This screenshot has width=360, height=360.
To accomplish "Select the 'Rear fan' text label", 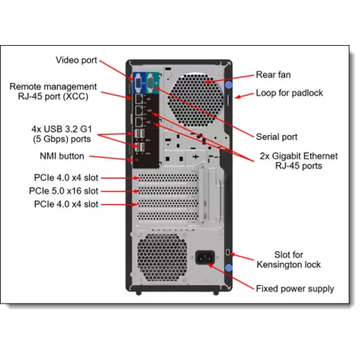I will [274, 76].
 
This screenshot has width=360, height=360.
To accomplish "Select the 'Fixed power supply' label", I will [294, 289].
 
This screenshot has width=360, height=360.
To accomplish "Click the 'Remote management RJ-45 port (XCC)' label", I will [53, 92].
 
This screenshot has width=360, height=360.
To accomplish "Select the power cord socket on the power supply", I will [205, 257].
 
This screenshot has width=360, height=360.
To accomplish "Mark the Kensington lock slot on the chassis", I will [227, 252].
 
